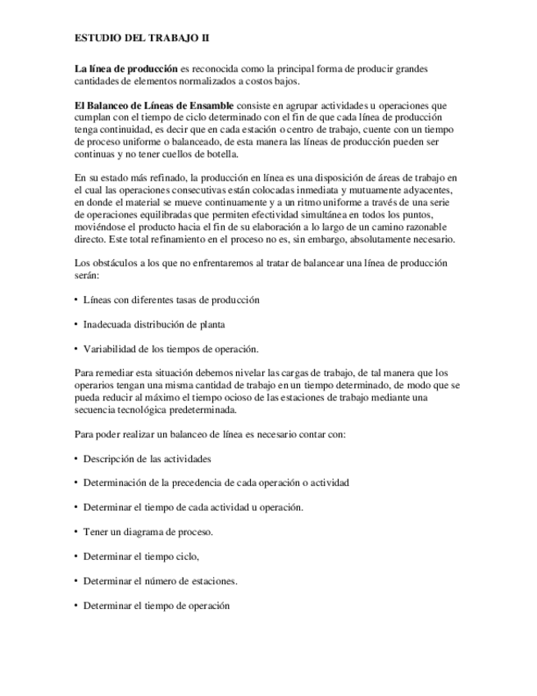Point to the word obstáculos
(116, 263)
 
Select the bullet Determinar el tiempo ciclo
(142, 556)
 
